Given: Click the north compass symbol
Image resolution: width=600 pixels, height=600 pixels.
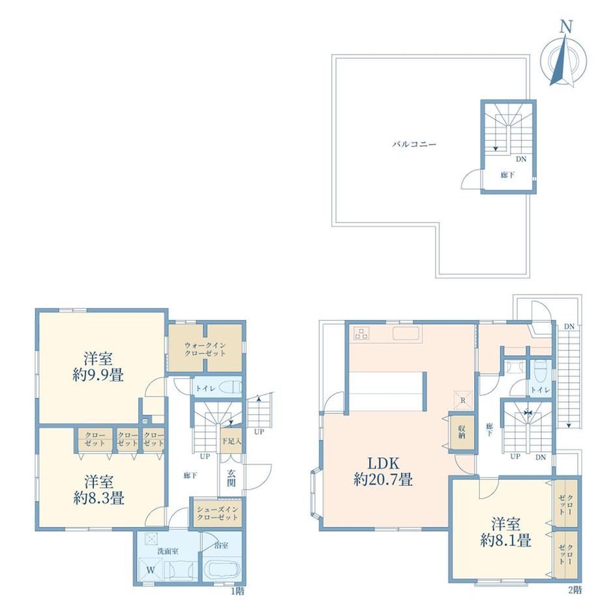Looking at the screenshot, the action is pos(563,57).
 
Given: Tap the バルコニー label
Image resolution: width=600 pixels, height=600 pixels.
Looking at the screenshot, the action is pos(414,145).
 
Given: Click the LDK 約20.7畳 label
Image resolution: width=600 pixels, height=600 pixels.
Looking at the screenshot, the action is pos(383,472).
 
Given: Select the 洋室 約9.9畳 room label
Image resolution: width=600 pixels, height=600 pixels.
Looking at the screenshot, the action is pos(98,367).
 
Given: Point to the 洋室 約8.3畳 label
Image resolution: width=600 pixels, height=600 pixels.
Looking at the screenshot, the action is pos(98,490).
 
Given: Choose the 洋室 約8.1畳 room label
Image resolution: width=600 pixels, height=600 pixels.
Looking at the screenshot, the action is pos(505,532).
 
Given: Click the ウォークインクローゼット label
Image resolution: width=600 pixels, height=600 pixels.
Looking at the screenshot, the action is pos(205,349).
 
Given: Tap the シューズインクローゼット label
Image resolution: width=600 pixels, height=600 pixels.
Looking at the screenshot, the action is pos(218,513).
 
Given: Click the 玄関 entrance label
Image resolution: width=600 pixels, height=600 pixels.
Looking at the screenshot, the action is pos(231,477).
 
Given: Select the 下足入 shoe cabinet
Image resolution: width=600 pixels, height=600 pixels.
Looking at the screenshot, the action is pos(232,441).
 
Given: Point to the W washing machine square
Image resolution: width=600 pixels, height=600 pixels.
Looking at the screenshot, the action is pos(151,570).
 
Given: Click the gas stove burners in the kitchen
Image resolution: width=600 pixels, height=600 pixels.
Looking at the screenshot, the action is pos(361,334).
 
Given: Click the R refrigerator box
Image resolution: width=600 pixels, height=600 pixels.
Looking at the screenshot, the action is pos(463,400).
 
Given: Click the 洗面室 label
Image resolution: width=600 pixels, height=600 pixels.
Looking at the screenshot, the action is pos(168,551).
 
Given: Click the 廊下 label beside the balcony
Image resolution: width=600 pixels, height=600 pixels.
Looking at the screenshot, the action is pos(507,175).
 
